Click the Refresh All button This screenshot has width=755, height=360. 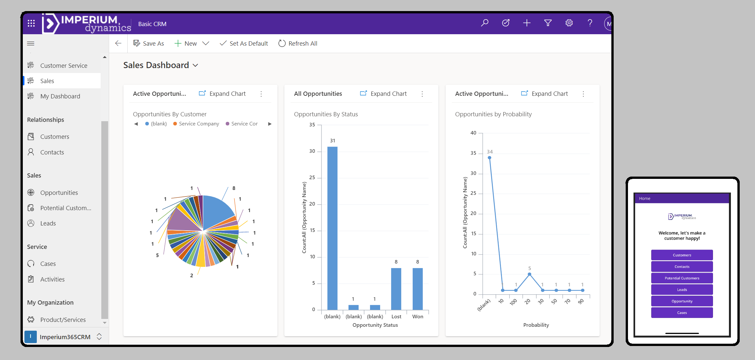coord(298,43)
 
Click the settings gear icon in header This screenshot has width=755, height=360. coord(569,23)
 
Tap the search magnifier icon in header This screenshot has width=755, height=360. coord(484,23)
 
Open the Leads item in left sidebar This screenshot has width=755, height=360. coord(48,223)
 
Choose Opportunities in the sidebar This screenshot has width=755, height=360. coord(59,193)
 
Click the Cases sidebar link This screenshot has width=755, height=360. coord(48,264)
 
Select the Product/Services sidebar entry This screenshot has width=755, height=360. coord(63,320)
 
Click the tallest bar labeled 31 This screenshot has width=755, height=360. coord(332,228)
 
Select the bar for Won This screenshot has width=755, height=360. coord(418,289)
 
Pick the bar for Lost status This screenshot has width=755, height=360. coord(396,289)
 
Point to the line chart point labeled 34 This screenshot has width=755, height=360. coord(489,158)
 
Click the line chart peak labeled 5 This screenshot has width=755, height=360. coord(529,274)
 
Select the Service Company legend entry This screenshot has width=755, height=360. coord(196,124)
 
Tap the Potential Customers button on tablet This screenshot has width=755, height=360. coord(682,278)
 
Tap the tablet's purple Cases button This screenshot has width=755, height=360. coord(682,312)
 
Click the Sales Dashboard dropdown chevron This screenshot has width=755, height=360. coord(195,65)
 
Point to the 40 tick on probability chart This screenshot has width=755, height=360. coord(473,133)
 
